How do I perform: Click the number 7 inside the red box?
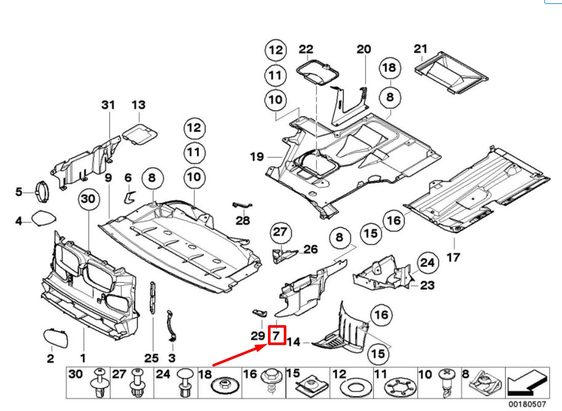click(276, 335)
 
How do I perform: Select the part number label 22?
click(306, 49)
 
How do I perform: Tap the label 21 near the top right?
click(420, 49)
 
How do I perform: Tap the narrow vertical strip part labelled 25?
click(152, 301)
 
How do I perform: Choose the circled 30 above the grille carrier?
click(88, 201)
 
